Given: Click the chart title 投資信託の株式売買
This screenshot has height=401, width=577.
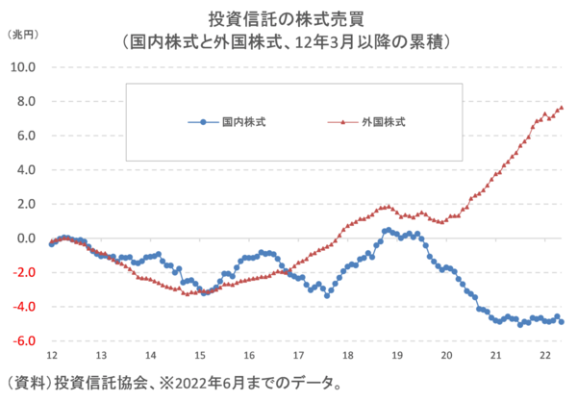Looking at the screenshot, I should coord(288,19).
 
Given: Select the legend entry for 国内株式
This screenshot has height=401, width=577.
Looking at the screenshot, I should coord(243,122).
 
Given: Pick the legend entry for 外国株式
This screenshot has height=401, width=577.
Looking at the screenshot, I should coord(384,122).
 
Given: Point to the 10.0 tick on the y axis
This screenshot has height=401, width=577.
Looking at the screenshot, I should coord(23,67).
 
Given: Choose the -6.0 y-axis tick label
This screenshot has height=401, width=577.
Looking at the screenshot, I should coord(23,341).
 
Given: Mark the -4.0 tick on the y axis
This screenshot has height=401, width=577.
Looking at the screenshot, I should coord(23,307).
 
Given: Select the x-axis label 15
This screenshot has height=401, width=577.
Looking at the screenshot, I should coord(199,355).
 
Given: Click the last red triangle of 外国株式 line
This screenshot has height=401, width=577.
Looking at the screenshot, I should coord(562,107).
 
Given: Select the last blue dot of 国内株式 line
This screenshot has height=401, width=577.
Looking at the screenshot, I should coord(562,322).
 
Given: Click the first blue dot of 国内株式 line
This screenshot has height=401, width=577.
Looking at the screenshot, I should coord(51,244).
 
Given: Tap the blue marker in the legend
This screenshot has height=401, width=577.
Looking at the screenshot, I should coord(204,122).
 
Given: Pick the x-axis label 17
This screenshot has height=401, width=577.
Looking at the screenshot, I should coord(298,355).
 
